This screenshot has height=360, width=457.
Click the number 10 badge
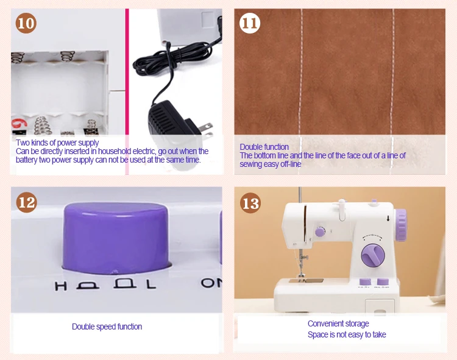[x=26, y=23]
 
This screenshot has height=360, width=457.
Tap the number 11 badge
[x=250, y=23]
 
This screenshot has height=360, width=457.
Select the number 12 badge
[x=27, y=202]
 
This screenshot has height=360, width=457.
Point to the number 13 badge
[x=250, y=203]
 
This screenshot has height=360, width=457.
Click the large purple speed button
[x=116, y=238]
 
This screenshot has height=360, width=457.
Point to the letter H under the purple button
[x=60, y=286]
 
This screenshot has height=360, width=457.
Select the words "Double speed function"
[x=107, y=326]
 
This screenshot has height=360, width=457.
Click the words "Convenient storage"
[x=338, y=323]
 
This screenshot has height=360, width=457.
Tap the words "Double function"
[x=264, y=147]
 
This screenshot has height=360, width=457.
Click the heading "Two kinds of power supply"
[x=57, y=143]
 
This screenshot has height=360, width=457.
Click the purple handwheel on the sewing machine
[x=401, y=225]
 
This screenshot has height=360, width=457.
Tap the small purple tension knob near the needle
[x=320, y=231]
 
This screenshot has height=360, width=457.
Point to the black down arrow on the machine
[x=388, y=219]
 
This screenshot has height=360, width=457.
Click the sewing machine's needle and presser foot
[x=302, y=265]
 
